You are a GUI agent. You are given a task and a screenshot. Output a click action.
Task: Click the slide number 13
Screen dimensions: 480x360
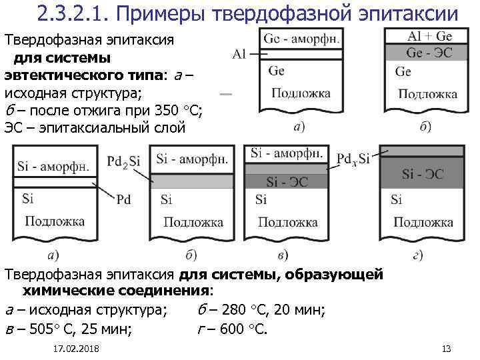tap(447, 349)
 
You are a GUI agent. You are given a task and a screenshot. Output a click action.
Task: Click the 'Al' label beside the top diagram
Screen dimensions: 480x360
tap(241, 54)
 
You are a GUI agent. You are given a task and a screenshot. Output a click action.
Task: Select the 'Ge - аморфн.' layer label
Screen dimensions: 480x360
tap(301, 38)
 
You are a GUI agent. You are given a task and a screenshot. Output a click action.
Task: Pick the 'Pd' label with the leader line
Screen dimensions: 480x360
tap(123, 199)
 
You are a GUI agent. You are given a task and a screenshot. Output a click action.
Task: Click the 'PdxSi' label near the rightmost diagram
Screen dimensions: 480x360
tap(353, 159)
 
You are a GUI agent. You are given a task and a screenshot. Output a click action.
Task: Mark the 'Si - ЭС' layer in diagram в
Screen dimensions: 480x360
tap(287, 181)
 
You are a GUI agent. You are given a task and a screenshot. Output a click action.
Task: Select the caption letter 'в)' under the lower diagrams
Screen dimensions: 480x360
tap(283, 255)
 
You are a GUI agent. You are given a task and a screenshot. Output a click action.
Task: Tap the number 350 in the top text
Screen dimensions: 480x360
tap(165, 109)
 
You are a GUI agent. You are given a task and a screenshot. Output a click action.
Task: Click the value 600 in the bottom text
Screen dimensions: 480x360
tap(231, 327)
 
